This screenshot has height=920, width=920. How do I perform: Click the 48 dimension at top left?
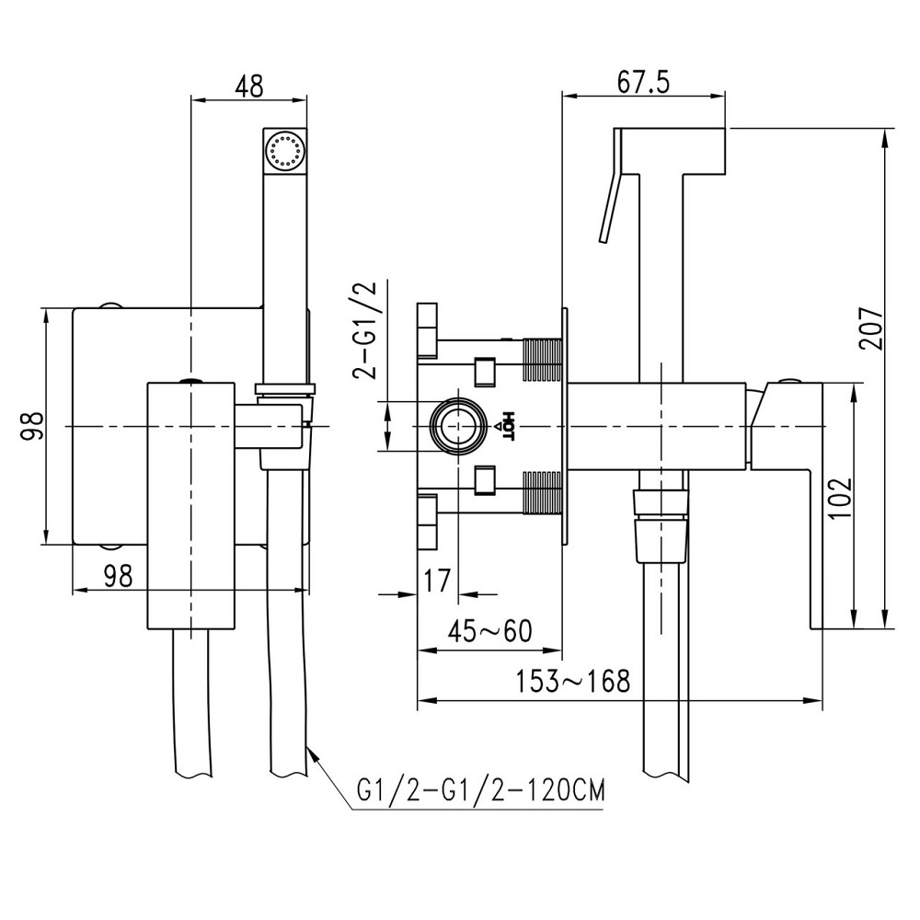tap(248, 86)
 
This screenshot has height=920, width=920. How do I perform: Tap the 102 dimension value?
tap(838, 500)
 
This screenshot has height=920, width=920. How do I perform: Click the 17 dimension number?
tap(437, 581)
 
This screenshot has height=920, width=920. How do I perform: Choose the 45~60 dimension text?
tap(490, 632)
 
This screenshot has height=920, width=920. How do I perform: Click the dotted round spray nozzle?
tap(284, 149)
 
